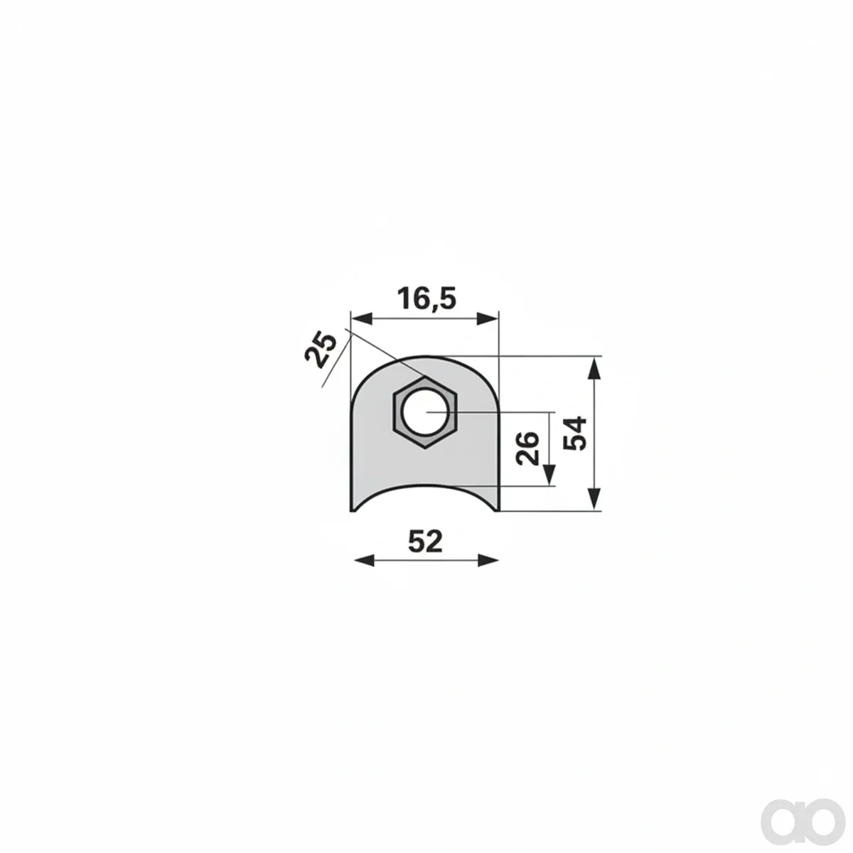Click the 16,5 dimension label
tap(426, 299)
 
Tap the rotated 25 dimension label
tap(321, 350)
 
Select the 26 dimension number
tap(528, 449)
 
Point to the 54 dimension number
tap(575, 434)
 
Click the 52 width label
tap(425, 542)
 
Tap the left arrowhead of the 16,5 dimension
tap(362, 318)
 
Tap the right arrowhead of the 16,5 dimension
tap(488, 318)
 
